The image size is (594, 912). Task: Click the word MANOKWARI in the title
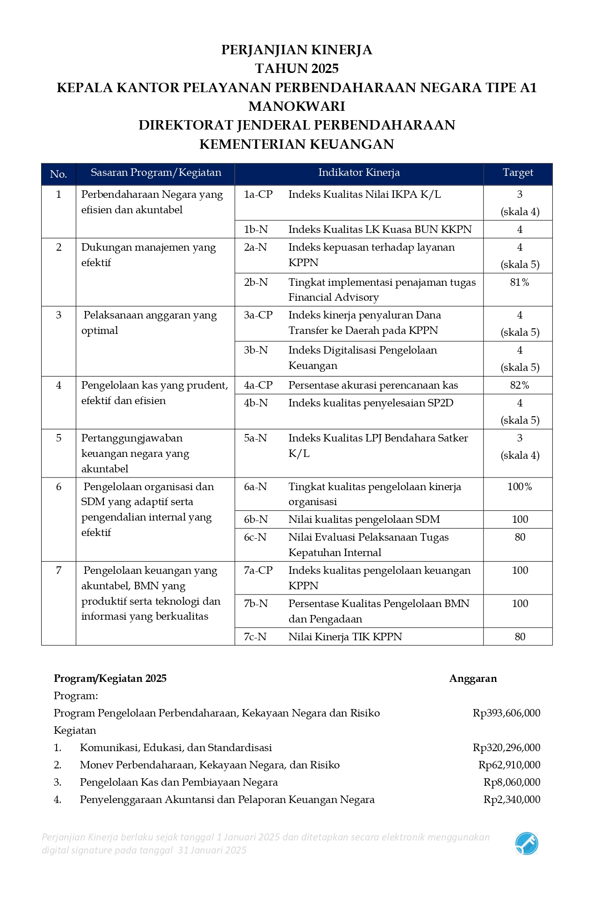click(x=297, y=107)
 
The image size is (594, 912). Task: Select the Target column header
click(x=518, y=173)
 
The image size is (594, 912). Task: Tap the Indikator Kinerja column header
click(x=359, y=173)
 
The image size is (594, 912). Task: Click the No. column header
click(x=58, y=174)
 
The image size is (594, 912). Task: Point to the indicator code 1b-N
click(x=256, y=229)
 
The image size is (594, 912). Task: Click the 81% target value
click(x=520, y=282)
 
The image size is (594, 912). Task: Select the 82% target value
click(x=520, y=385)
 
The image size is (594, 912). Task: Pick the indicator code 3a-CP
click(x=258, y=315)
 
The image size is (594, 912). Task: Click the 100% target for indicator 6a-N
click(x=520, y=487)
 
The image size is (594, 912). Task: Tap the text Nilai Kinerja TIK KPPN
click(x=345, y=637)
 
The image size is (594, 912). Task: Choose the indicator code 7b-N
click(x=256, y=604)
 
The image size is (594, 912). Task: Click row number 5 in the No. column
click(x=58, y=438)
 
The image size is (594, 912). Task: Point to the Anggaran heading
click(x=473, y=679)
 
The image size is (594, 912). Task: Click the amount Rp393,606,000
click(x=507, y=713)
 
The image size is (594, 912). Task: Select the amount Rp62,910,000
click(x=509, y=765)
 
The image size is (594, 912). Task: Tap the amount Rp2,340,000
click(x=512, y=800)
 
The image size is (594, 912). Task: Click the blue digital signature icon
click(x=527, y=844)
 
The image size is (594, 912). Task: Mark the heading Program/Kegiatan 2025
click(x=110, y=679)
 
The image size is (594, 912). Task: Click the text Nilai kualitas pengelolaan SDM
click(x=364, y=520)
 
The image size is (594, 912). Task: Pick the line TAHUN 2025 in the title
click(x=297, y=69)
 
